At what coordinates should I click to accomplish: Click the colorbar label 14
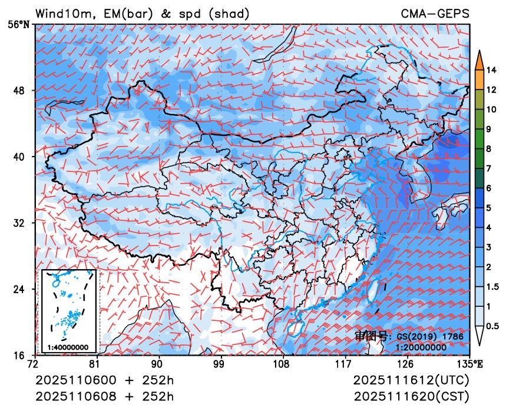492,71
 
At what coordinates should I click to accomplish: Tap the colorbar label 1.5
494,287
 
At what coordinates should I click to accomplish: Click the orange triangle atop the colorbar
479,58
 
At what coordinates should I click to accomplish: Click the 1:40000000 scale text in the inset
68,347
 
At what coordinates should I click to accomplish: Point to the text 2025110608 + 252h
105,395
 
